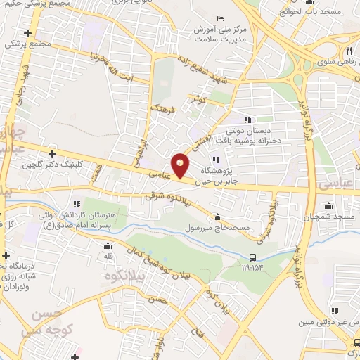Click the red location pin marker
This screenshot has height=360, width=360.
[x=181, y=166]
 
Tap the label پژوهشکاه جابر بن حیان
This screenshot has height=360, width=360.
[x=216, y=175]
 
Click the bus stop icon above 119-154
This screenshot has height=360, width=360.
[x=253, y=257]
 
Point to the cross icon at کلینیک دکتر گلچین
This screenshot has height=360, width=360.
[x=53, y=153]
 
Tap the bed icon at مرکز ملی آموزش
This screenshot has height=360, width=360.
[x=221, y=18]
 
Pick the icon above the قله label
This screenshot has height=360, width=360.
[x=108, y=246]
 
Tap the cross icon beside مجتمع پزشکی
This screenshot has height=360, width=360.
[x=28, y=33]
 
